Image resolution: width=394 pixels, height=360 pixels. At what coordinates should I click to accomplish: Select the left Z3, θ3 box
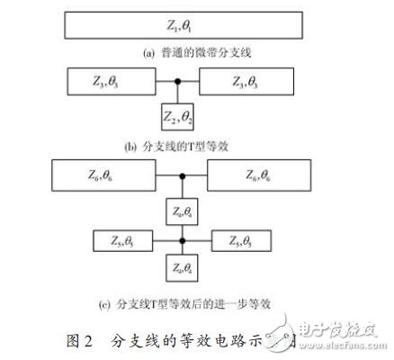click(107, 84)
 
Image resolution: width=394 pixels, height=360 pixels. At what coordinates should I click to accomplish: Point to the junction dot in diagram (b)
click(178, 84)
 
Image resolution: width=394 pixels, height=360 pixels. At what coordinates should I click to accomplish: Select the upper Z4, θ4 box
click(184, 212)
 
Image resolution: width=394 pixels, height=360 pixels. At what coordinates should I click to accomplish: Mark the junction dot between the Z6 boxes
click(183, 175)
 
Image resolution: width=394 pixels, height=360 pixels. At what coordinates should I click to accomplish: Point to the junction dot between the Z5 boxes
click(183, 240)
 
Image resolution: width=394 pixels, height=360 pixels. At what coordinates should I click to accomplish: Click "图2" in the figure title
click(84, 340)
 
